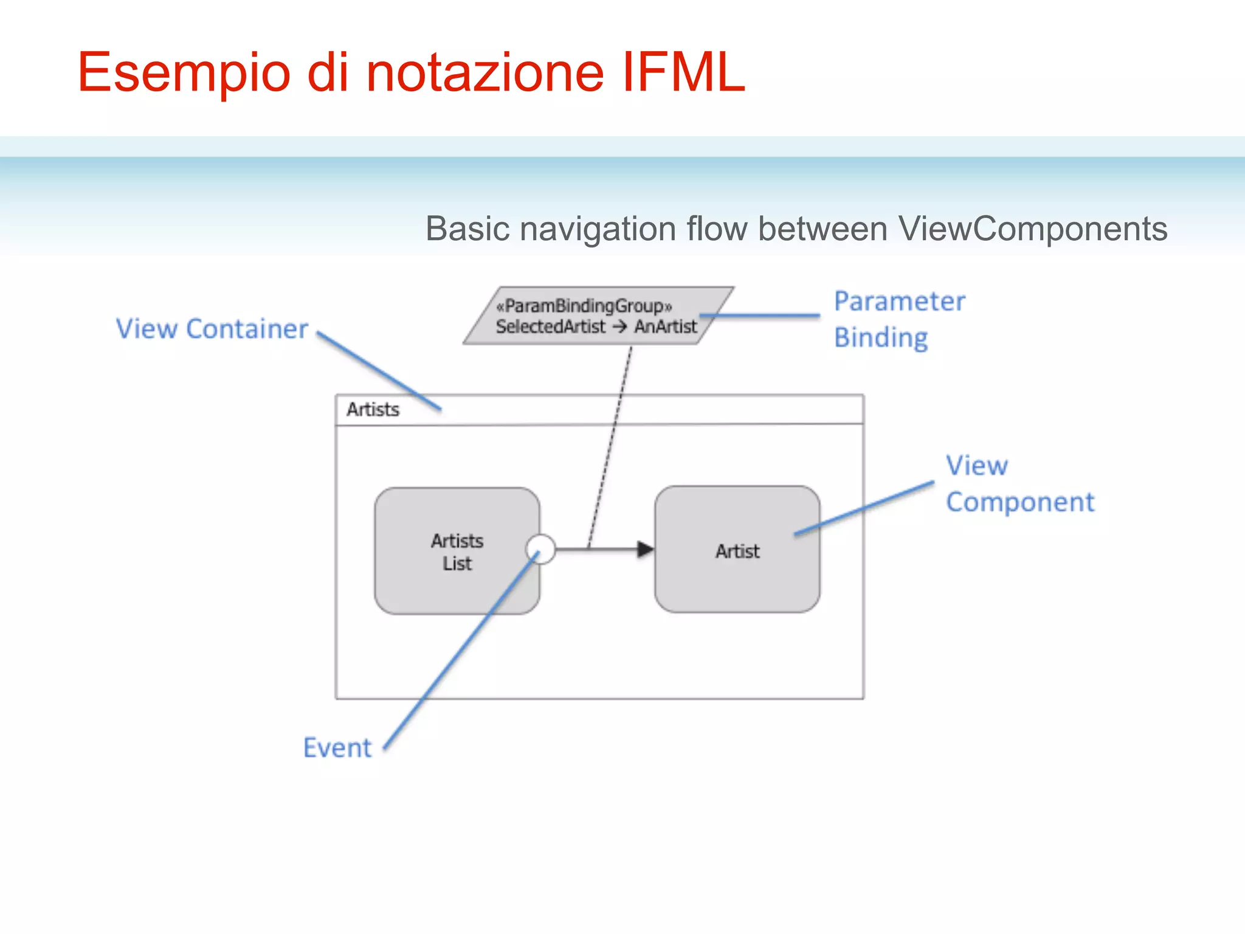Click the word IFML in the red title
coord(683,73)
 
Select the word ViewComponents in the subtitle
coord(1032,229)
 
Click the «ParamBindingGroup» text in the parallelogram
coord(584,306)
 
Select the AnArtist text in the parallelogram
coord(666,327)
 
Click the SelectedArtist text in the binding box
coord(551,327)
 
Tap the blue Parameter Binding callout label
coord(898,319)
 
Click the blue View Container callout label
coord(212,329)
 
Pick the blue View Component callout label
coord(1019,484)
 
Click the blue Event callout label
coord(337,748)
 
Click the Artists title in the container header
coord(373,410)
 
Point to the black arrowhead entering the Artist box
coord(645,550)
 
